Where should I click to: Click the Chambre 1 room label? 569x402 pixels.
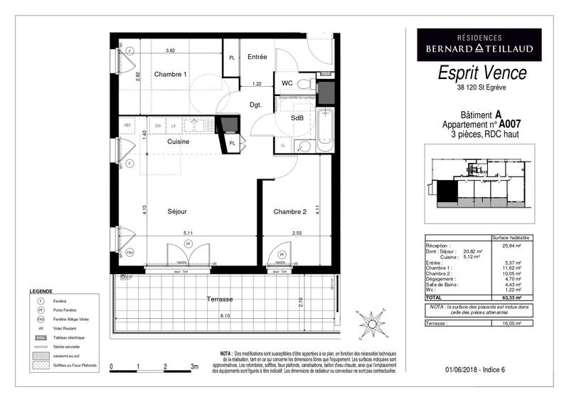click(x=171, y=75)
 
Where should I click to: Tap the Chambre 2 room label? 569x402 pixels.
click(x=289, y=211)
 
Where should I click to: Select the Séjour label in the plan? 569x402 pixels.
click(x=177, y=212)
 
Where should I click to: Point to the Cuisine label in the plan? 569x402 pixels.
click(x=178, y=142)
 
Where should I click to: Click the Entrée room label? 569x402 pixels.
click(x=257, y=57)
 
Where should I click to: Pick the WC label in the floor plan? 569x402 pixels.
click(x=287, y=83)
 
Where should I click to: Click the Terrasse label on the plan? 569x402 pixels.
click(x=220, y=300)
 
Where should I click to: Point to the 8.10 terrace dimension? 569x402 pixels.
click(x=225, y=315)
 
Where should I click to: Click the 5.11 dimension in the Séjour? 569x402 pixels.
click(x=188, y=233)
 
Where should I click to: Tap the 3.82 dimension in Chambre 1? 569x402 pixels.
click(x=171, y=51)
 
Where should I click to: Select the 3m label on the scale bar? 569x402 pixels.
click(x=193, y=366)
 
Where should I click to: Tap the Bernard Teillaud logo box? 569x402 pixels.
click(x=479, y=43)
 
